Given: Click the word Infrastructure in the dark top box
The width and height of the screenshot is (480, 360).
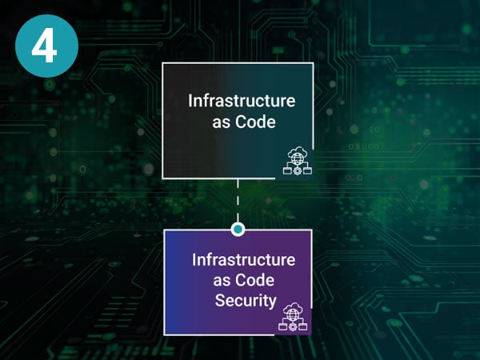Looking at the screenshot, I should pyautogui.click(x=242, y=102).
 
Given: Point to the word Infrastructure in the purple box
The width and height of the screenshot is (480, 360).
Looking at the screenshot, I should pyautogui.click(x=243, y=260).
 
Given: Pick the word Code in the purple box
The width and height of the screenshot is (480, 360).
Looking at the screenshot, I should pyautogui.click(x=258, y=281).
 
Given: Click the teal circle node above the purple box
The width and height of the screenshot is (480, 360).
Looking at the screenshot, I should pyautogui.click(x=237, y=230).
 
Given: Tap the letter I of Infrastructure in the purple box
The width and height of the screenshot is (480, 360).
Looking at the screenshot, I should pyautogui.click(x=194, y=260).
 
